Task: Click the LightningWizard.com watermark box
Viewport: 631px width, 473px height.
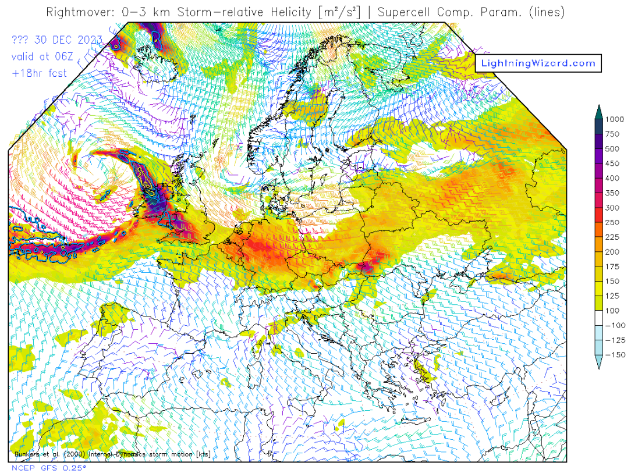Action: (538, 63)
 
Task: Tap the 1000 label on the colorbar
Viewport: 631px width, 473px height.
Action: (614, 119)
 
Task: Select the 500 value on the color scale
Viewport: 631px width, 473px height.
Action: (612, 148)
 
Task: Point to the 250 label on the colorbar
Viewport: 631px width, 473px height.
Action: (612, 222)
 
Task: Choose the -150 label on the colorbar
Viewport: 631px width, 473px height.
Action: (614, 355)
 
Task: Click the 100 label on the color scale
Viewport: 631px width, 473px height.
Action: (612, 311)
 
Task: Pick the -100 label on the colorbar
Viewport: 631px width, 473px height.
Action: (614, 325)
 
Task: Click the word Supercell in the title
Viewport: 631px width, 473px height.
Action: (404, 12)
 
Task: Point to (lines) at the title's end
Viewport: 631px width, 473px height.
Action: (546, 12)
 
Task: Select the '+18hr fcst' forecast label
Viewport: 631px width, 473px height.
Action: (38, 73)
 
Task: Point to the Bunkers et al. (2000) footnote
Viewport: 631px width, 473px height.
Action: (111, 454)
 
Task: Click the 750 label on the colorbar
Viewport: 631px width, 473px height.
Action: (612, 134)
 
